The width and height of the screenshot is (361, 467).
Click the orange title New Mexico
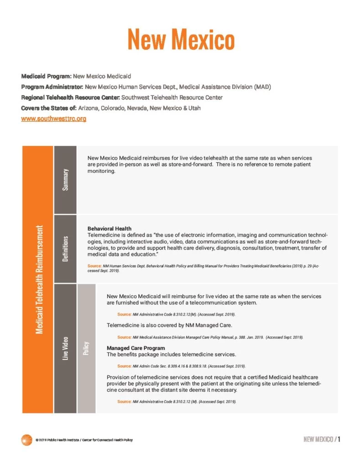[x=181, y=39]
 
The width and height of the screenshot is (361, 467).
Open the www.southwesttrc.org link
[x=53, y=119]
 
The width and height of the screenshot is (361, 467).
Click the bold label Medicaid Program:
[x=46, y=76]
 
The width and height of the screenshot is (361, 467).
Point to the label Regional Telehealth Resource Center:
[x=70, y=97]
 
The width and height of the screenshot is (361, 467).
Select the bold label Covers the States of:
[x=49, y=108]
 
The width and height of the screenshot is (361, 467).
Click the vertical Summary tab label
[x=65, y=180]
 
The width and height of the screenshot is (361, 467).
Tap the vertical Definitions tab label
[x=65, y=249]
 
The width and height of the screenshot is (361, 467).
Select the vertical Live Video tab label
[x=65, y=348]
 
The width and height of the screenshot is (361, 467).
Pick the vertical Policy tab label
[x=86, y=348]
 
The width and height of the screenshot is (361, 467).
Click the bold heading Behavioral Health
[x=109, y=228]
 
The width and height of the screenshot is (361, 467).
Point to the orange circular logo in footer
[x=26, y=440]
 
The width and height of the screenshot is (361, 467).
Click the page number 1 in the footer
[x=340, y=439]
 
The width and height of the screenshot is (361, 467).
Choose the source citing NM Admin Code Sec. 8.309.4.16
[x=182, y=366]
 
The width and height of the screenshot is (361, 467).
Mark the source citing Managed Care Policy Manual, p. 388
[x=210, y=337]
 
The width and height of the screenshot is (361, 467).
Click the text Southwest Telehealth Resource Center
[x=172, y=97]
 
